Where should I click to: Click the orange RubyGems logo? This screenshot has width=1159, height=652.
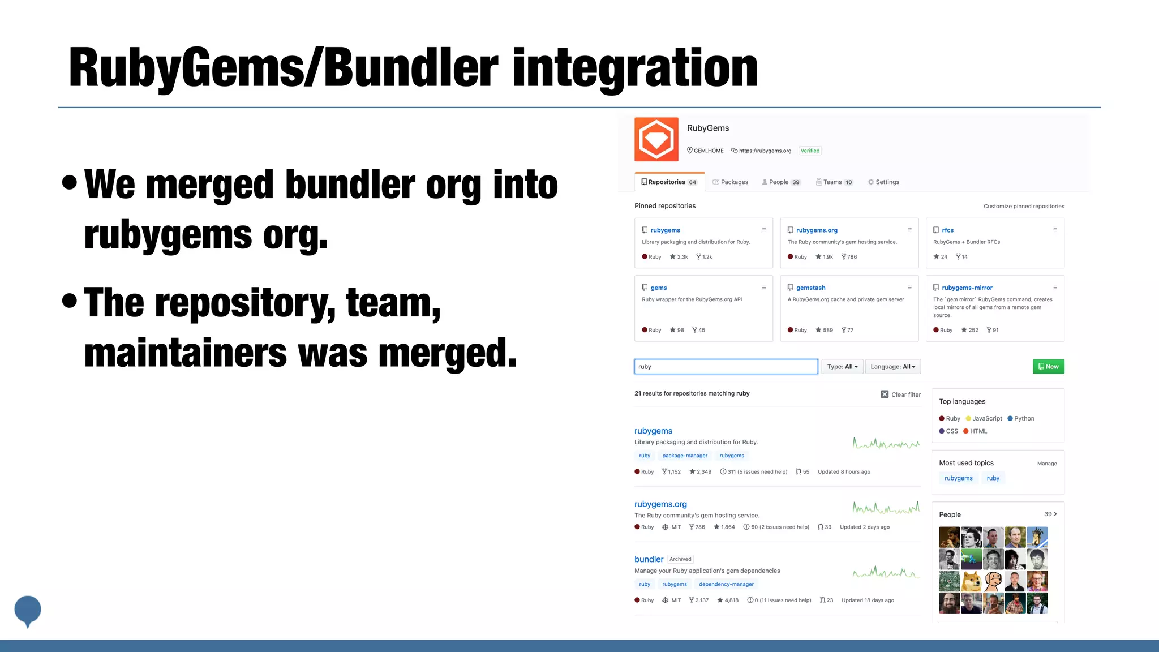point(656,139)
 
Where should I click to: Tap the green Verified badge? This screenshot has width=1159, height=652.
point(810,151)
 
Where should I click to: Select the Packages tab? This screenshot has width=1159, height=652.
point(731,182)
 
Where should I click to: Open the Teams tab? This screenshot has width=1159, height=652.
point(834,182)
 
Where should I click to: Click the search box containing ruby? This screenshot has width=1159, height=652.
point(726,367)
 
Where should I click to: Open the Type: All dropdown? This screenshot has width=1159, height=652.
point(842,367)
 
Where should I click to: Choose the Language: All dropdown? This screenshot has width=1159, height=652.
point(892,367)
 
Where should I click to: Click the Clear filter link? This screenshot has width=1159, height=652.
point(901,394)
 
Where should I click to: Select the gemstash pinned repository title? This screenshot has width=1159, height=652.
point(810,288)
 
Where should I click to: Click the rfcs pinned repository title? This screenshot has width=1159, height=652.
point(947,230)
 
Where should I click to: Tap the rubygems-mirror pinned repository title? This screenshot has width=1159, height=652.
point(967,288)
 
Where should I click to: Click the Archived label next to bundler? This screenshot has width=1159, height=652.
point(680,559)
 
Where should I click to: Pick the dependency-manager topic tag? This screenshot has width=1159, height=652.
point(726,584)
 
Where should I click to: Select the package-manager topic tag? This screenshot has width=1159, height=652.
point(685,456)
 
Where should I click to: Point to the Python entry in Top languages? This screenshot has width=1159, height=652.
point(1023,419)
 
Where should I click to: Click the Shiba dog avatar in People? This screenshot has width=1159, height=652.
point(971,581)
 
